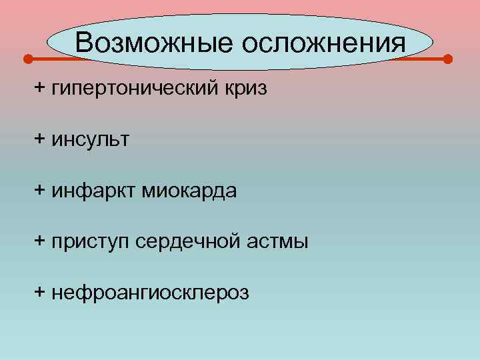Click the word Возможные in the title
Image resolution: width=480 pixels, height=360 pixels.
[x=155, y=43]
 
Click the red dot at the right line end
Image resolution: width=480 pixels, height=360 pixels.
[x=447, y=59]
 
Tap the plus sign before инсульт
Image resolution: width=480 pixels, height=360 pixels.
[x=40, y=139]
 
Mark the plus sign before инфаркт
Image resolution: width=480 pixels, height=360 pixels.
[x=40, y=191]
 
